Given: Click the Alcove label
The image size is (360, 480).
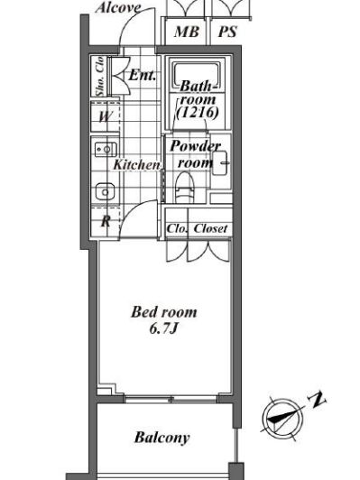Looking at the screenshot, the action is click(x=118, y=8).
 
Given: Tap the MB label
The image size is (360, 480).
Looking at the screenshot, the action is click(x=187, y=32).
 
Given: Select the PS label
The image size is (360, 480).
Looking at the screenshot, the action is click(x=227, y=32).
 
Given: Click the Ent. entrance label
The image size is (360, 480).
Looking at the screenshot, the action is click(x=142, y=75).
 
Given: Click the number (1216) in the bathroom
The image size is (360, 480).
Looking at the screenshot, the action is click(x=198, y=113).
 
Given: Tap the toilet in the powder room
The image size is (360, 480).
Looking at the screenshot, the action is click(x=185, y=188).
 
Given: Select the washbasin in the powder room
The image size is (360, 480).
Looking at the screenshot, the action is click(x=220, y=162).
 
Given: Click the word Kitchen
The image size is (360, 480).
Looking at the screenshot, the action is click(x=136, y=165).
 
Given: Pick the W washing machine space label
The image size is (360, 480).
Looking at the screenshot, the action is click(x=106, y=116).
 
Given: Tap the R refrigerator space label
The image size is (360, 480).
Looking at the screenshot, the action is click(x=106, y=221).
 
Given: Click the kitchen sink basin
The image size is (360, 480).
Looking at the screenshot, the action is click(x=105, y=192).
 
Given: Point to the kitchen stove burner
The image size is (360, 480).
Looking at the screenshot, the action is click(x=106, y=150).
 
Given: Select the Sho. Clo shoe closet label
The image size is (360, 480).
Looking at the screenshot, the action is click(x=99, y=77).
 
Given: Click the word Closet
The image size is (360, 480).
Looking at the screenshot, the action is click(x=210, y=228).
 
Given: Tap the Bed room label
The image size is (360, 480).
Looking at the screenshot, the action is click(x=164, y=312).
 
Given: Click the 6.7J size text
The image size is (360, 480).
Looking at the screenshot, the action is click(x=164, y=328).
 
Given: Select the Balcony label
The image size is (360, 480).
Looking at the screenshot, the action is click(x=162, y=438).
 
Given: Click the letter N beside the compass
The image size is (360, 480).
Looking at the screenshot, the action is click(x=317, y=400).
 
